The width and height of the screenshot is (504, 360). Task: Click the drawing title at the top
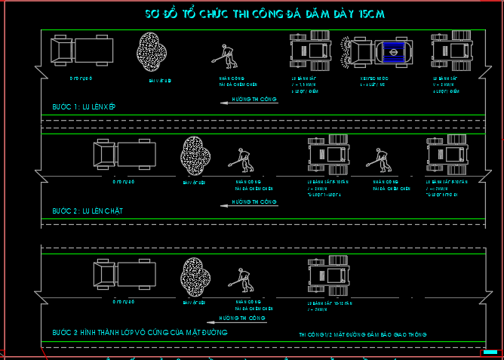click(x=268, y=14)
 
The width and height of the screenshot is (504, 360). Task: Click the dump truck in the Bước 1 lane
click(x=82, y=50)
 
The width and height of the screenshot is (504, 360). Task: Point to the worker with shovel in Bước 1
click(x=223, y=55)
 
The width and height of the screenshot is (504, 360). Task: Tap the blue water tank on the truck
click(x=392, y=51)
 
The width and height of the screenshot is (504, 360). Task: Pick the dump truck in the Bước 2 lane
click(x=124, y=155)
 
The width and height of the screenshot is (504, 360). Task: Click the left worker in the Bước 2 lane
click(x=244, y=160)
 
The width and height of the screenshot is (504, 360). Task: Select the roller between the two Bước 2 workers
click(x=328, y=156)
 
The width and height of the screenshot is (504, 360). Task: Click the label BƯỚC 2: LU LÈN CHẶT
click(x=88, y=211)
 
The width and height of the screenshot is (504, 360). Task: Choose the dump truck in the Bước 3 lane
click(x=124, y=272)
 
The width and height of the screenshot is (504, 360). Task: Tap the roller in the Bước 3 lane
click(x=328, y=274)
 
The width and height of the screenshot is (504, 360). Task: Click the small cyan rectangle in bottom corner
click(x=490, y=352)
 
